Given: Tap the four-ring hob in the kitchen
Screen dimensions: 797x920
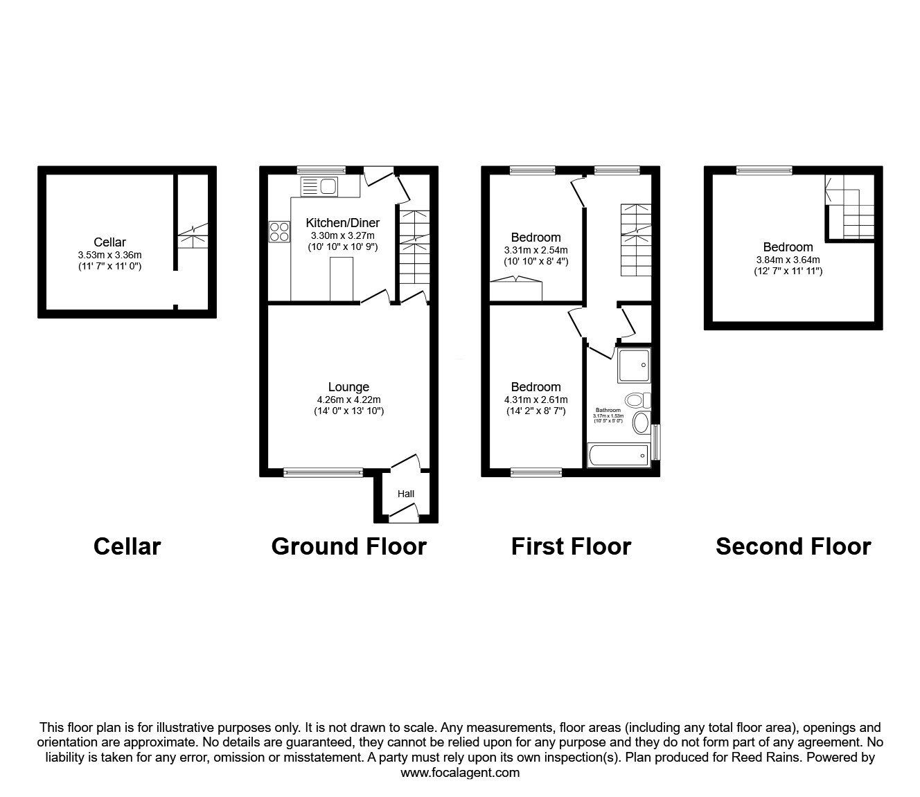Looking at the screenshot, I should pyautogui.click(x=279, y=231).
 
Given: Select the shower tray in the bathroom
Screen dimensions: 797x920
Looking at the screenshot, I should pyautogui.click(x=634, y=365).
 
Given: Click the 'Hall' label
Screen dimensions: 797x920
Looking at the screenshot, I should pyautogui.click(x=406, y=494).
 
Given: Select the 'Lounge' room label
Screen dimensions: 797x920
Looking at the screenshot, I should pyautogui.click(x=348, y=387).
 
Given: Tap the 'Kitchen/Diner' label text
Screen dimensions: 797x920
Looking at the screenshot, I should pyautogui.click(x=343, y=223).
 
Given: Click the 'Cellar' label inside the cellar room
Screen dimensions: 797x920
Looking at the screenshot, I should pyautogui.click(x=109, y=242).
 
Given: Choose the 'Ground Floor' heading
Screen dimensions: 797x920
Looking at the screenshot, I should pyautogui.click(x=348, y=546).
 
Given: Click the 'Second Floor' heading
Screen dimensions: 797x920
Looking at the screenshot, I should pyautogui.click(x=793, y=546).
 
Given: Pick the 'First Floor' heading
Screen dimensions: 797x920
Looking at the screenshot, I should pyautogui.click(x=571, y=546).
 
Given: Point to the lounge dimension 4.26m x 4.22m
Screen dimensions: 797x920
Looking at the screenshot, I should pyautogui.click(x=348, y=400).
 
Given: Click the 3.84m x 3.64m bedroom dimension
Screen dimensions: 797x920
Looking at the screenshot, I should pyautogui.click(x=788, y=260).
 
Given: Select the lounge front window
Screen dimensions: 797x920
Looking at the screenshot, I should pyautogui.click(x=323, y=473).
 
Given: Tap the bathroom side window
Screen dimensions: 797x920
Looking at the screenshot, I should pyautogui.click(x=656, y=441).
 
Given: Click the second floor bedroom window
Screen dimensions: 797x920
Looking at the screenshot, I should pyautogui.click(x=764, y=170).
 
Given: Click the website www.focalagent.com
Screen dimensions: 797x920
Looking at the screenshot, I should pyautogui.click(x=460, y=773).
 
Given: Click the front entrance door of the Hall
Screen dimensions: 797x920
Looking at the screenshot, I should pyautogui.click(x=403, y=513).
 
